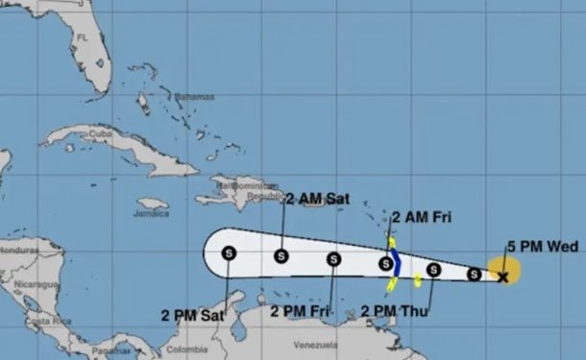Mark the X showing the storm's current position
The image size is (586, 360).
[502, 276]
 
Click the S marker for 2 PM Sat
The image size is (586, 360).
[230, 252]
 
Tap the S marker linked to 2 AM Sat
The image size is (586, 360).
[281, 255]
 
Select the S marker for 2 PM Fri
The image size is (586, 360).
[332, 258]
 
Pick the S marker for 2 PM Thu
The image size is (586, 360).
[433, 271]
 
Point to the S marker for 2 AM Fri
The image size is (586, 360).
[385, 263]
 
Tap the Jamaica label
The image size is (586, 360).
[153, 214]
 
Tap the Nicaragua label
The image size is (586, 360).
[27, 285]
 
